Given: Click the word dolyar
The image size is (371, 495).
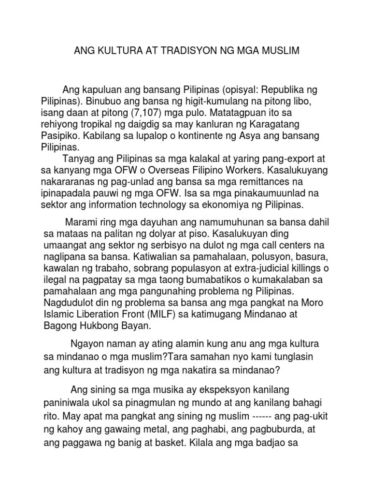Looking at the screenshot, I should click(157, 233).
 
